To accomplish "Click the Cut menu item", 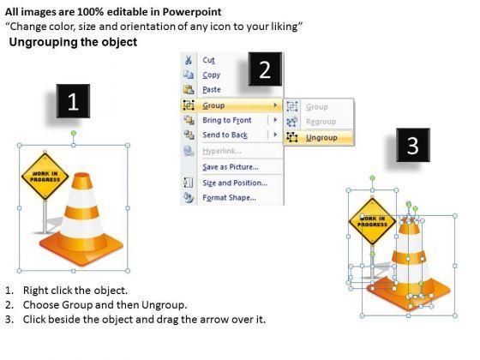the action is click(208, 60).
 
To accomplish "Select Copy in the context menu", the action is click(211, 75).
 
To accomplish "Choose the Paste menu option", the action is click(212, 90).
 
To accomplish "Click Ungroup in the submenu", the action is click(321, 138).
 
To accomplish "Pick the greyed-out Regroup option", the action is click(321, 122).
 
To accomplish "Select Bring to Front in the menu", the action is click(227, 120).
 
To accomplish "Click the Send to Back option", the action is click(225, 135).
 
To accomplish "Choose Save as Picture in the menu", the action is click(231, 167).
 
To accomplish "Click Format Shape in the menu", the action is click(230, 198).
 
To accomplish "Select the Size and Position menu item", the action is click(235, 183).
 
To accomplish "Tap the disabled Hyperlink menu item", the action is click(222, 151).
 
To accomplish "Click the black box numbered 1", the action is click(73, 101).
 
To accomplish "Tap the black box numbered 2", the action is click(265, 69).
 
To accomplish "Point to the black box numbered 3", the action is click(413, 145).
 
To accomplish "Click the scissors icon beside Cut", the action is click(189, 60).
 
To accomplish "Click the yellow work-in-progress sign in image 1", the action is click(45, 177).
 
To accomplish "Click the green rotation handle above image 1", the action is click(74, 133).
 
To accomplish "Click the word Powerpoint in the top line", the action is click(192, 12).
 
